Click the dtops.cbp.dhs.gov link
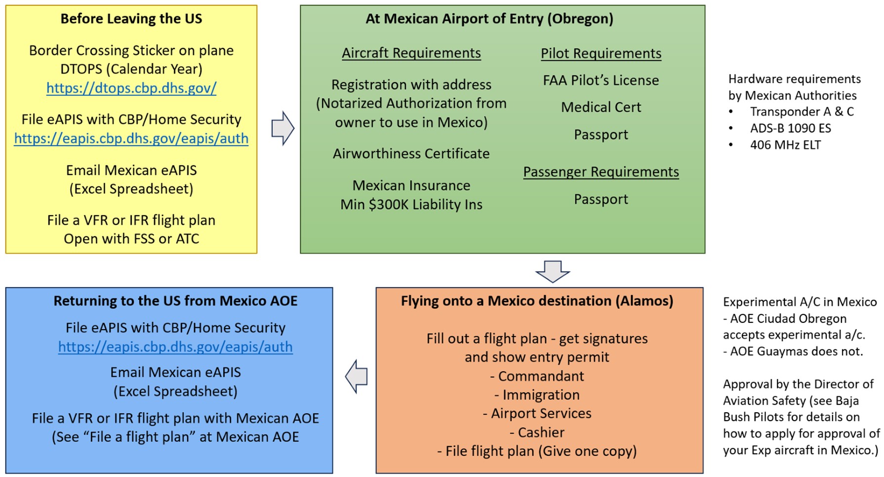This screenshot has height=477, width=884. (131, 88)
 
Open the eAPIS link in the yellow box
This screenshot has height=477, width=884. (131, 138)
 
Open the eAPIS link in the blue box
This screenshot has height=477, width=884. (175, 347)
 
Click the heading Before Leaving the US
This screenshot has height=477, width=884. (131, 19)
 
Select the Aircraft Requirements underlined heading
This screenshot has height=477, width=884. (411, 53)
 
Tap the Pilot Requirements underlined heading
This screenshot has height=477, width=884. (601, 53)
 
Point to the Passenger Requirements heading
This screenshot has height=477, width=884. (601, 172)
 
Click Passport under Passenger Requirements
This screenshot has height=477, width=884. (601, 199)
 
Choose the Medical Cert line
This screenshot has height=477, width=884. (601, 107)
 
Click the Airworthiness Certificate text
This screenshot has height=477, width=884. (411, 154)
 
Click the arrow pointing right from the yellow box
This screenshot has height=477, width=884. (282, 129)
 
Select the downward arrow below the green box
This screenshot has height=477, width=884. (553, 271)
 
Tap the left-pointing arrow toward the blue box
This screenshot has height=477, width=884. (356, 377)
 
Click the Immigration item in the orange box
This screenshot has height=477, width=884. (540, 395)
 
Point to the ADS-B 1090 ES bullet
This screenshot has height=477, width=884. (790, 129)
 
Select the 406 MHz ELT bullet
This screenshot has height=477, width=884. (785, 145)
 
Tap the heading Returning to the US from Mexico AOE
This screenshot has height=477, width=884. (175, 301)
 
